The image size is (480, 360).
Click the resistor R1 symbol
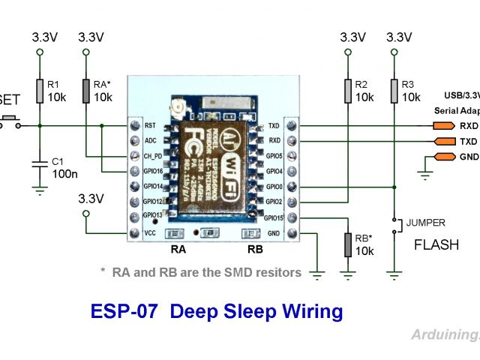click(40, 90)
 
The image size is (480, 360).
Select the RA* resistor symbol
click(86, 90)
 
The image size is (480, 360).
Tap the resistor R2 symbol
click(347, 91)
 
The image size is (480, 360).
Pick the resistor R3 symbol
click(393, 91)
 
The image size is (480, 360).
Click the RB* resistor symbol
click(347, 244)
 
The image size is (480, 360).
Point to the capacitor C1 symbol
click(40, 163)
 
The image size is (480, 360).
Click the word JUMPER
click(426, 223)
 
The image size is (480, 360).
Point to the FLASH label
click(436, 245)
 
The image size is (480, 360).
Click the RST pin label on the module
click(150, 126)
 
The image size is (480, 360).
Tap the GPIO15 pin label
click(273, 217)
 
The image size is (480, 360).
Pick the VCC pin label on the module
click(150, 232)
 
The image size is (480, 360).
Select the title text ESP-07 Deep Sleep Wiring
click(216, 311)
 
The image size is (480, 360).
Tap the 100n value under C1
click(64, 174)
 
